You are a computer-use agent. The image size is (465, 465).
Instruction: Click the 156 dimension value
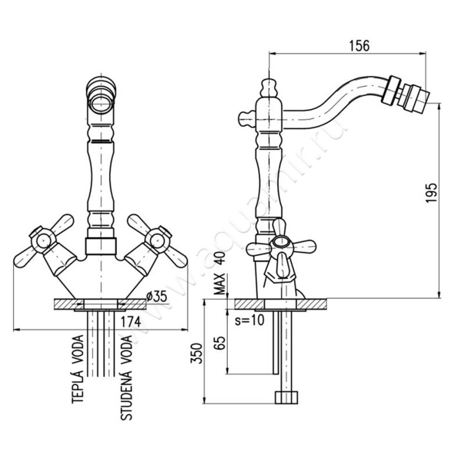click(x=359, y=46)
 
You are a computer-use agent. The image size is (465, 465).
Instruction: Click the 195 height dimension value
click(x=431, y=193)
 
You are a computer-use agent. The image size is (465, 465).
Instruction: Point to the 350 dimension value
click(x=196, y=353)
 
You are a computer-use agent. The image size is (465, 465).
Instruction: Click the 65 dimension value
click(x=220, y=343)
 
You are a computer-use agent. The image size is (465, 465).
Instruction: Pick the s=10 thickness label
click(x=249, y=320)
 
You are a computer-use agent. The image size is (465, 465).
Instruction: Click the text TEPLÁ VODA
click(x=78, y=369)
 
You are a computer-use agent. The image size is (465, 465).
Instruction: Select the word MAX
click(x=220, y=284)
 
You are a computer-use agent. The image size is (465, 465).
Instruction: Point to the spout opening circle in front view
click(x=101, y=104)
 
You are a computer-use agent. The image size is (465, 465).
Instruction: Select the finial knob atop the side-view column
click(x=269, y=88)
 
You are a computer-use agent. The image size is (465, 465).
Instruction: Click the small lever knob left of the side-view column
click(x=246, y=119)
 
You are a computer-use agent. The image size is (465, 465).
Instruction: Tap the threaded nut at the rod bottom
click(x=286, y=398)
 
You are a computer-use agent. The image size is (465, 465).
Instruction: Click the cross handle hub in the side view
click(x=281, y=242)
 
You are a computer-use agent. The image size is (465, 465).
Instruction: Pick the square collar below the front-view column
click(x=101, y=246)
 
